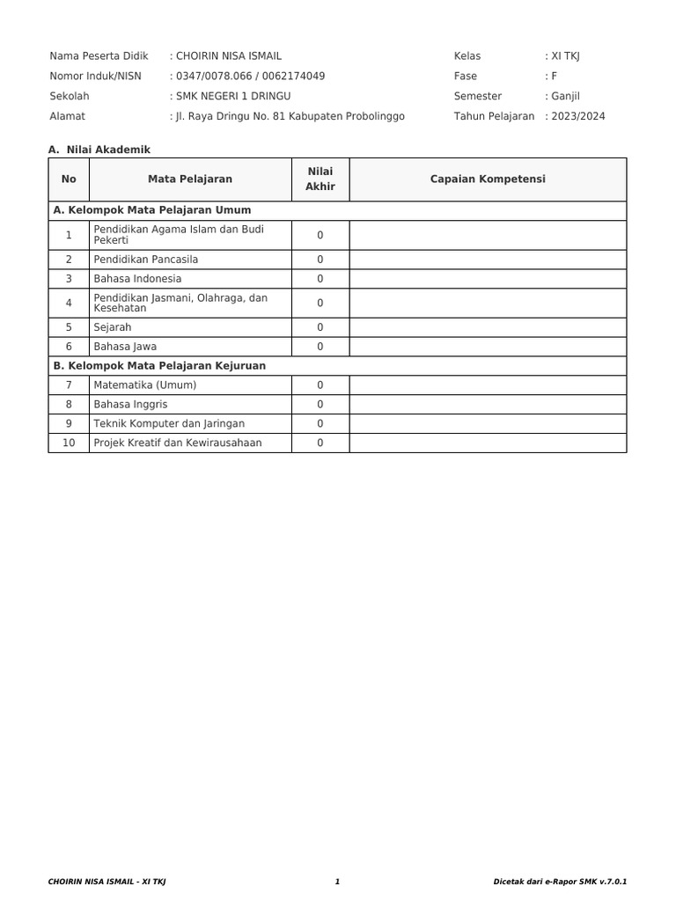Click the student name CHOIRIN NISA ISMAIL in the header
coord(229,56)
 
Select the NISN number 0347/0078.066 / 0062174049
coord(250,77)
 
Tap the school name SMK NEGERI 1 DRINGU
coord(233,97)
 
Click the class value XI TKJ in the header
coord(565,56)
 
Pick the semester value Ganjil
coord(566,97)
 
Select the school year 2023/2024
coord(578,116)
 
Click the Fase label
coord(465,77)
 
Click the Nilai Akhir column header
coord(320,179)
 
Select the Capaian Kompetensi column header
coord(488,179)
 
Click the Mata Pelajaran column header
coord(190,179)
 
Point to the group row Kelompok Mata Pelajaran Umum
coord(152,211)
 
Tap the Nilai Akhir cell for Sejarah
coord(320,327)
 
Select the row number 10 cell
coord(69,443)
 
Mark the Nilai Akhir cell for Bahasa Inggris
coord(320,405)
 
